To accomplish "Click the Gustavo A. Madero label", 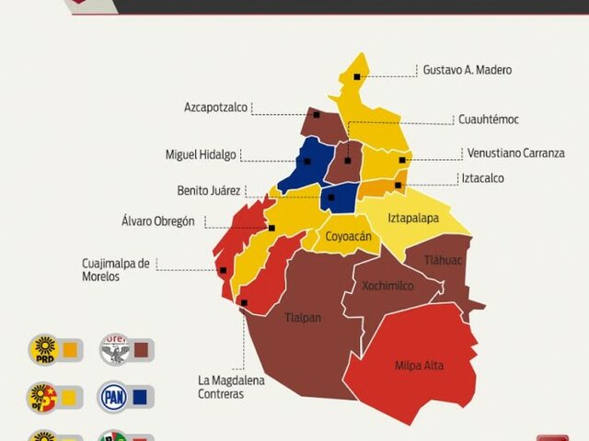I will click(x=467, y=70).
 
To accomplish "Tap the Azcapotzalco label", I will click(x=215, y=107).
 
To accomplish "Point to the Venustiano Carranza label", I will click(x=515, y=153).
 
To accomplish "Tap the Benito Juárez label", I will click(x=209, y=191).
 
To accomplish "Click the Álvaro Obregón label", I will click(x=158, y=220).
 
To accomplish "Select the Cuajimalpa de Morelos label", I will click(x=115, y=269).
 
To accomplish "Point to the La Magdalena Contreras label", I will click(x=221, y=387).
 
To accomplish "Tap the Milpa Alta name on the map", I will click(x=419, y=366).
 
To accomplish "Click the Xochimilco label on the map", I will click(x=387, y=286).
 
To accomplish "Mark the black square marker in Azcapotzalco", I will click(x=316, y=115).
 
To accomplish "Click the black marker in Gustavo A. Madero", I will click(x=357, y=77).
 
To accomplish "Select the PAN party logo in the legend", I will click(x=114, y=397).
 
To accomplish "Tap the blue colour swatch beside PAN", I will click(x=141, y=397).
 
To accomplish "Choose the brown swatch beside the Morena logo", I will click(x=141, y=349).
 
